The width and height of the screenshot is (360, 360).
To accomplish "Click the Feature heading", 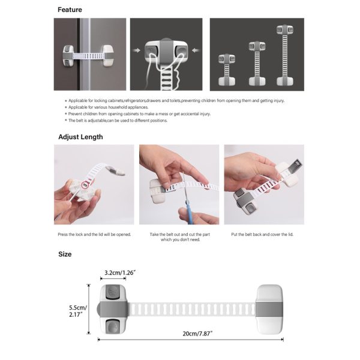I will (x=70, y=10).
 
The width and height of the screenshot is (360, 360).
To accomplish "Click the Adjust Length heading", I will (x=80, y=137).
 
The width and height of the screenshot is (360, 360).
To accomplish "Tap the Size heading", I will (x=65, y=254).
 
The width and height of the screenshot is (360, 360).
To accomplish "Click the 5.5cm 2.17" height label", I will (x=77, y=309).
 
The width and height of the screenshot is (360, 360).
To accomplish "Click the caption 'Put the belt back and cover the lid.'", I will (x=264, y=234).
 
